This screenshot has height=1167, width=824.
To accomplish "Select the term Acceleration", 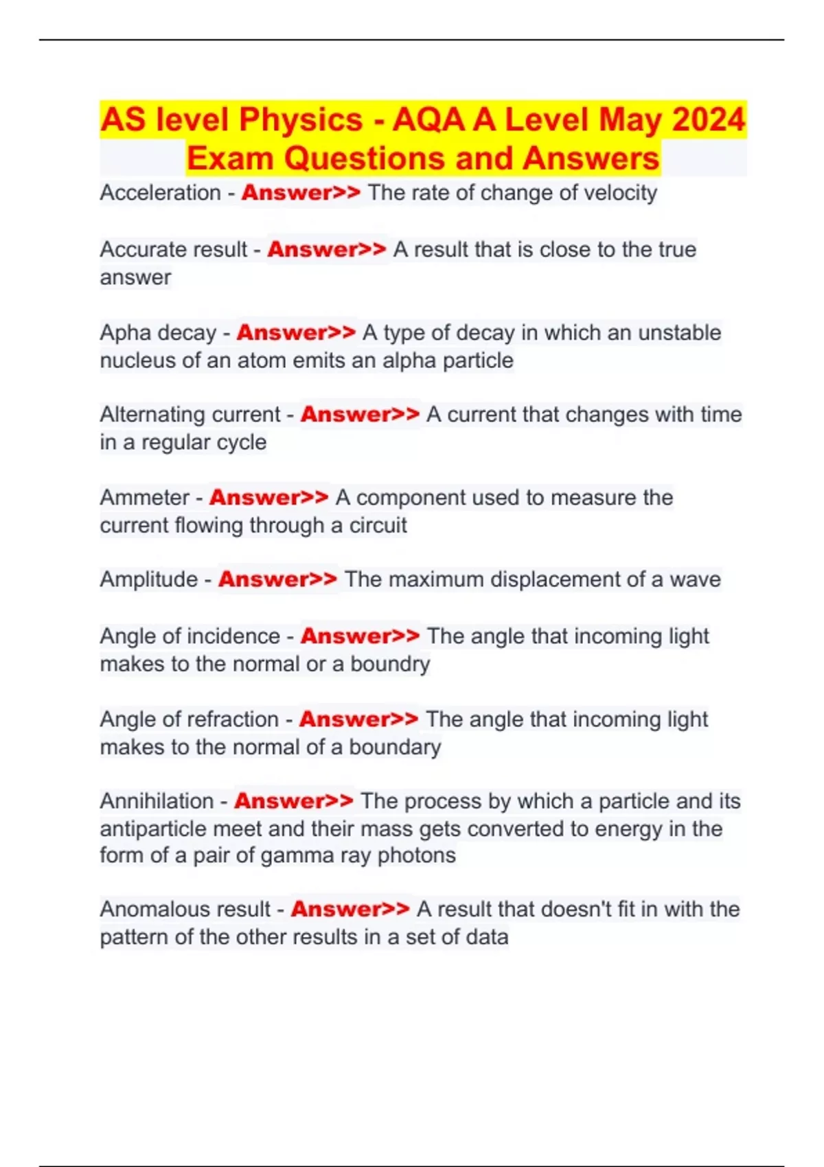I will [160, 193].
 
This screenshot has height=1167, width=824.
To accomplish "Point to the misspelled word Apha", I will [125, 333].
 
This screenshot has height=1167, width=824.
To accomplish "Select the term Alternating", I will [142, 415].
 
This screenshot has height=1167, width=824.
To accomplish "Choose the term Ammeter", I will [144, 498].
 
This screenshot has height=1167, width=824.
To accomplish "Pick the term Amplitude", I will [148, 579].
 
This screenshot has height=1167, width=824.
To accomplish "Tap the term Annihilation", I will [157, 801].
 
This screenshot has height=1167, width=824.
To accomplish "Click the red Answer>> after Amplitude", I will [277, 579].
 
